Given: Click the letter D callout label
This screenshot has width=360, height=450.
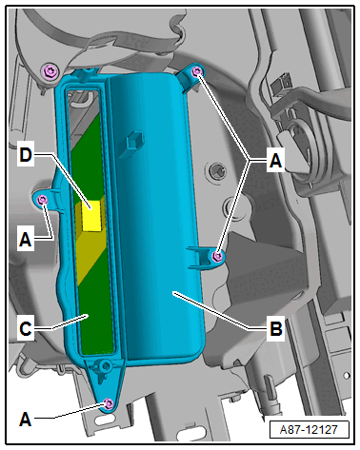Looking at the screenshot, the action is (26, 155).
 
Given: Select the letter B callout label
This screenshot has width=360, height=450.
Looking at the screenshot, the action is (276, 328).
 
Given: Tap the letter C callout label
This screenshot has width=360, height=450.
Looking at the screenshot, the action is (26, 328).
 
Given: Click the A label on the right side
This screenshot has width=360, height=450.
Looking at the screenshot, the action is (275, 160).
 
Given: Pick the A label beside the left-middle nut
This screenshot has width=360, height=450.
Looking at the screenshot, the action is (26, 240).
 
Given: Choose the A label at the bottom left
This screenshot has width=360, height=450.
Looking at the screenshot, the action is (26, 420).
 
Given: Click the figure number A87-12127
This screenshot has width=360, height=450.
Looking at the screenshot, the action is (309, 429).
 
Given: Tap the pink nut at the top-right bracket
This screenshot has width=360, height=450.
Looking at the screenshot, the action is (196, 72).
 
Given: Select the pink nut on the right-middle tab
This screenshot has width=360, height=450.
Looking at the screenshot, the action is (217, 256).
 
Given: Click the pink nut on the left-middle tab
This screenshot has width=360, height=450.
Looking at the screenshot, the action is (42, 200).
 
